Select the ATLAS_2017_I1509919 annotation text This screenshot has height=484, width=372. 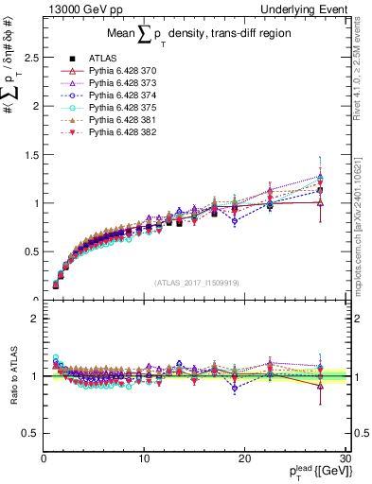[x=195, y=283]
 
